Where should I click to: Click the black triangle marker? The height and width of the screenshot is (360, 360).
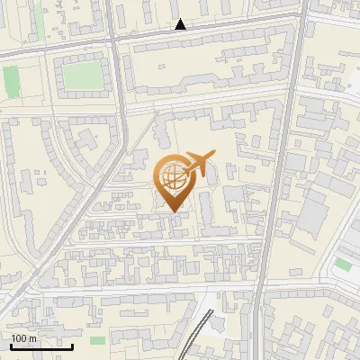[x=181, y=25]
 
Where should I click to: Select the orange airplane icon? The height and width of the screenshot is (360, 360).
[x=199, y=163]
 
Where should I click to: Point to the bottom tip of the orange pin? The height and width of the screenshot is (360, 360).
[x=171, y=211]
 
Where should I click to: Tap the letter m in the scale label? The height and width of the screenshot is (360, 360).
[x=32, y=339]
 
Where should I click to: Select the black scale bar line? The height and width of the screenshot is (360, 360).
[x=41, y=346]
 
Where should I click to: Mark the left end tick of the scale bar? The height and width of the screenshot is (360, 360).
[x=11, y=345]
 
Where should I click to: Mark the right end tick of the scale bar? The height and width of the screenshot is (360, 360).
[x=73, y=345]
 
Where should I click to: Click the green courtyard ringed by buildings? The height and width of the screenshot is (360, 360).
[x=82, y=76]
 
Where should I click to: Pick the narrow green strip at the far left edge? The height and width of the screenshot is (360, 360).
[x=10, y=82]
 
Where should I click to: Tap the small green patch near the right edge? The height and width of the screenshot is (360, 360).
[x=343, y=265]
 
